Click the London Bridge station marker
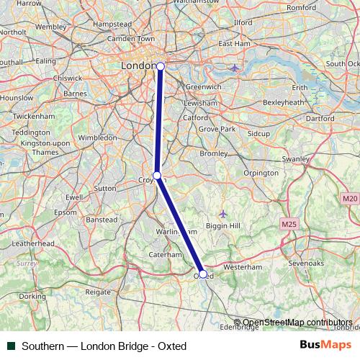pyautogui.click(x=161, y=66)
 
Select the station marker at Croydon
pyautogui.click(x=157, y=175)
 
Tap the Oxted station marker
pyautogui.click(x=203, y=274)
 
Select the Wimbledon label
pyautogui.click(x=97, y=137)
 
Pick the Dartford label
pyautogui.click(x=320, y=117)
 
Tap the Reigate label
pyautogui.click(x=98, y=292)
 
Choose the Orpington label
pyautogui.click(x=261, y=174)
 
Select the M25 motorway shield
pyautogui.click(x=290, y=225)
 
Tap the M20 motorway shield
pyautogui.click(x=350, y=198)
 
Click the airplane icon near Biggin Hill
pyautogui.click(x=222, y=214)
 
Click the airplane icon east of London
pyautogui.click(x=235, y=68)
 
